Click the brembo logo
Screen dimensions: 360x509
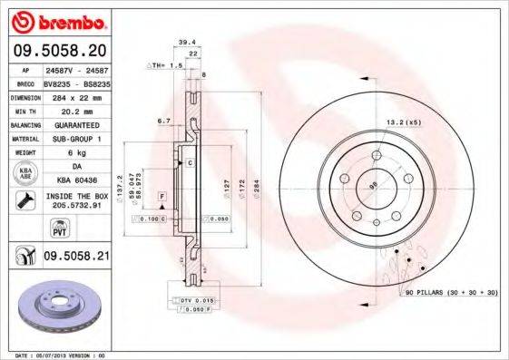pyautogui.click(x=56, y=20)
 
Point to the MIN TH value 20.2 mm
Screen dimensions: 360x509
pyautogui.click(x=75, y=111)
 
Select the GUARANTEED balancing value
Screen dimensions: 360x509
pyautogui.click(x=75, y=124)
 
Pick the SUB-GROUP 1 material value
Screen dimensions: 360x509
pyautogui.click(x=75, y=139)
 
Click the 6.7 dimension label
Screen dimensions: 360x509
pyautogui.click(x=164, y=120)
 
